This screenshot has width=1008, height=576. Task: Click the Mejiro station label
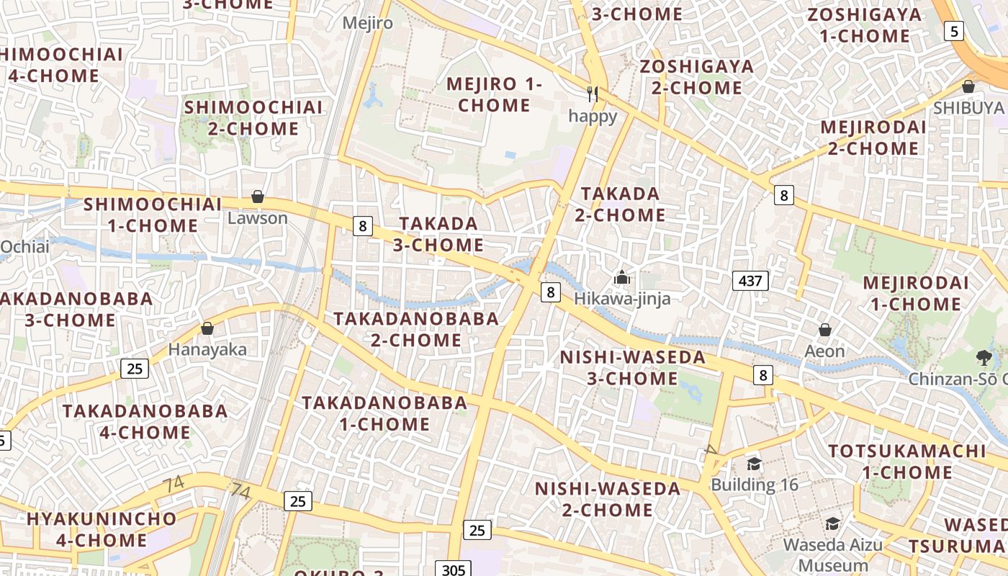pyautogui.click(x=367, y=23)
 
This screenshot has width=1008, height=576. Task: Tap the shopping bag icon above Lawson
pyautogui.click(x=257, y=197)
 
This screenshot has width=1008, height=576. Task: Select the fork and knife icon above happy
pyautogui.click(x=593, y=94)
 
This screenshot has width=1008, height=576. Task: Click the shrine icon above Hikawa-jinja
pyautogui.click(x=621, y=277)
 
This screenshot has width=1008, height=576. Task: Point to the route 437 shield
pyautogui.click(x=750, y=281)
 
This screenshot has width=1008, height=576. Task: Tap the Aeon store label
pyautogui.click(x=825, y=351)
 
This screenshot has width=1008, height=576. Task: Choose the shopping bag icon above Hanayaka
pyautogui.click(x=207, y=328)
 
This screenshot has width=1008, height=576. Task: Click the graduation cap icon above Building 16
pyautogui.click(x=754, y=463)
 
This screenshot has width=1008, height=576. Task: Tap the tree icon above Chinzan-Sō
pyautogui.click(x=984, y=357)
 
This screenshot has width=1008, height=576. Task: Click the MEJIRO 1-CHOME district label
pyautogui.click(x=494, y=94)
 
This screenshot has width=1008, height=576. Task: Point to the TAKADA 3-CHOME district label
pyautogui.click(x=438, y=234)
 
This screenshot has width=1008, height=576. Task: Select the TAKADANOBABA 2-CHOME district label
pyautogui.click(x=416, y=328)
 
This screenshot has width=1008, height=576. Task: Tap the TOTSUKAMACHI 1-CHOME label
pyautogui.click(x=906, y=462)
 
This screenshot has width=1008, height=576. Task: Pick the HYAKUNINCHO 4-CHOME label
pyautogui.click(x=102, y=529)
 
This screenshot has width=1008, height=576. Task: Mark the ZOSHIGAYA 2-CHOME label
pyautogui.click(x=697, y=77)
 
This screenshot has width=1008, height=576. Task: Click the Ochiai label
pyautogui.click(x=24, y=247)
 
